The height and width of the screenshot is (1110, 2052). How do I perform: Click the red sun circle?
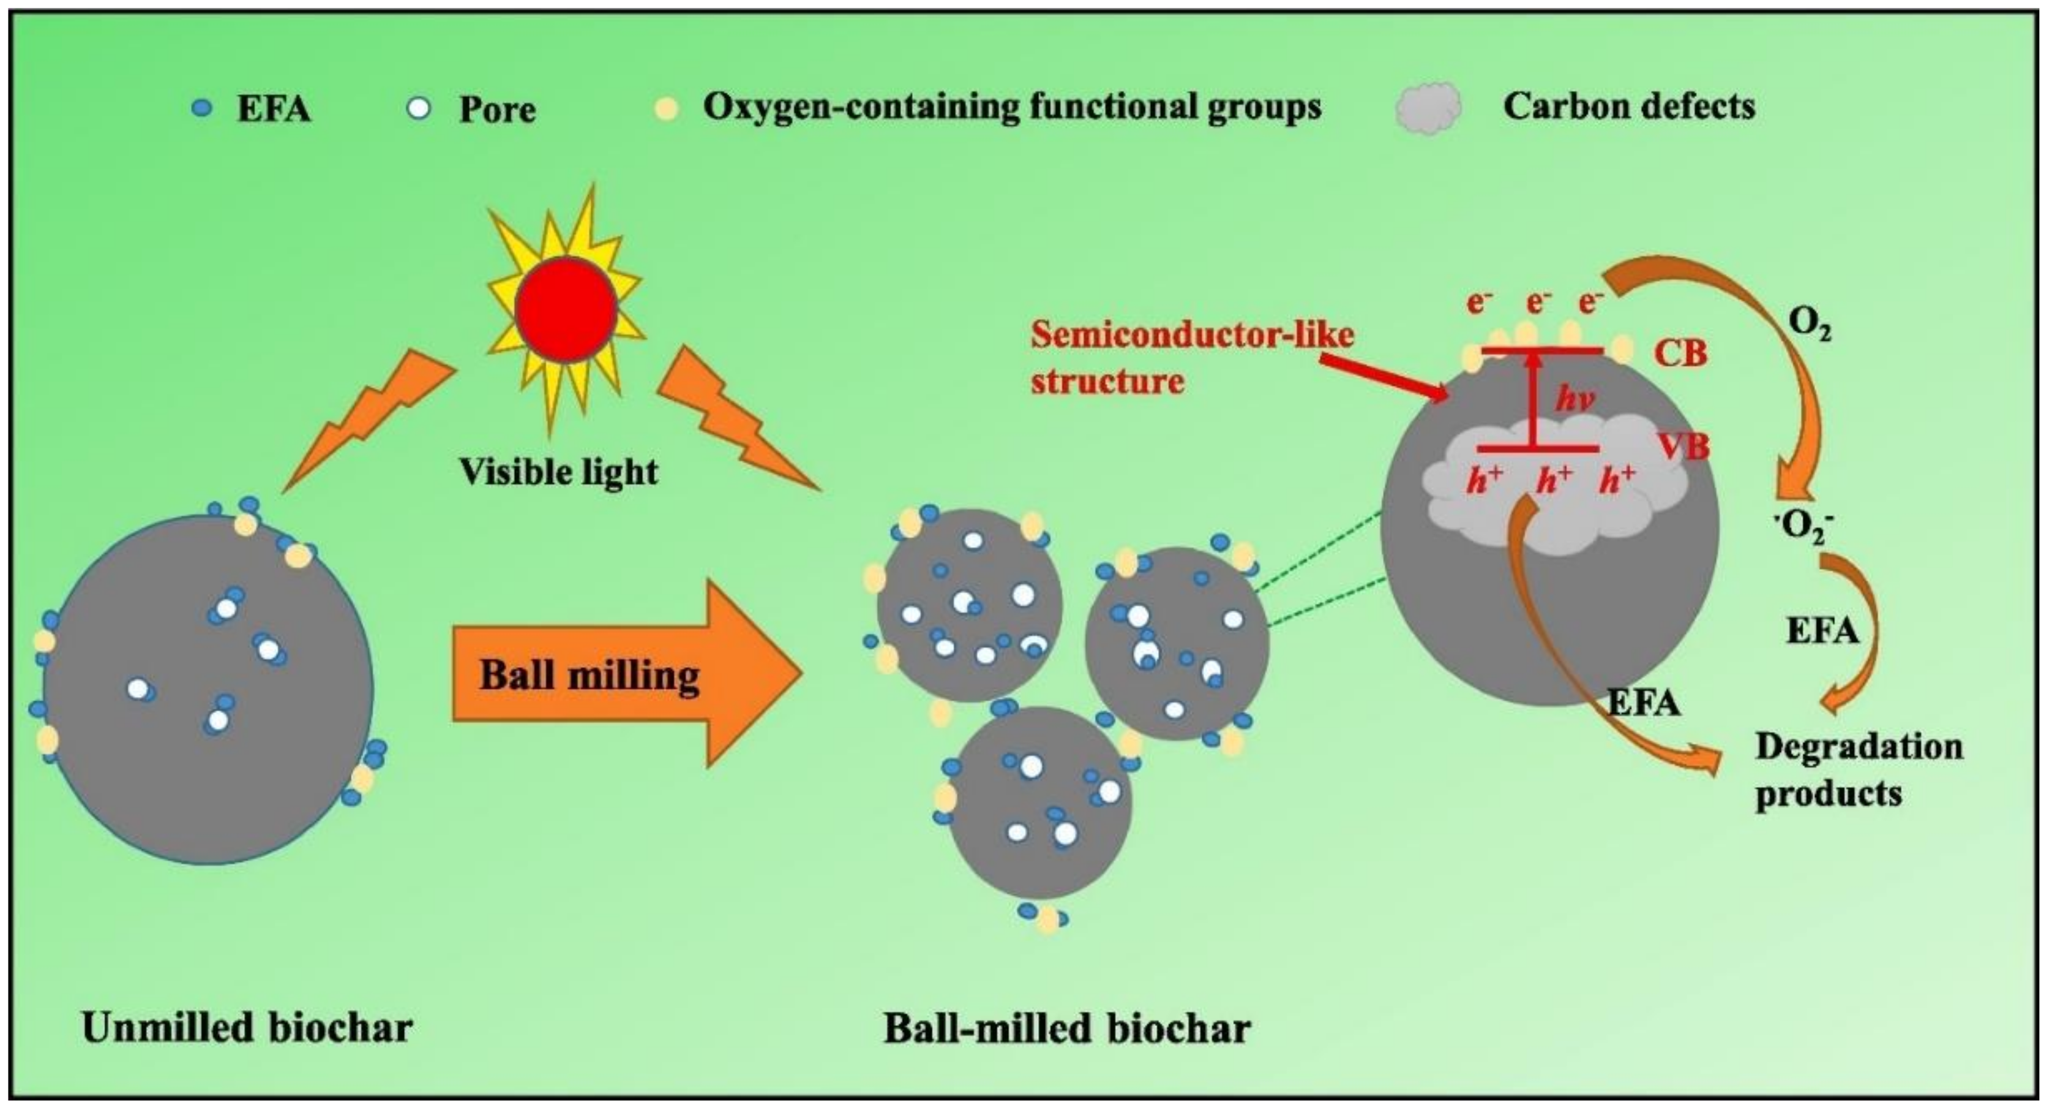pyautogui.click(x=566, y=309)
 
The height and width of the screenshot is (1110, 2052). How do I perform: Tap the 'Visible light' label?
pyautogui.click(x=558, y=472)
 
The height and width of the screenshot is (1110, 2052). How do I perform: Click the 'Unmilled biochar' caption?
pyautogui.click(x=247, y=1027)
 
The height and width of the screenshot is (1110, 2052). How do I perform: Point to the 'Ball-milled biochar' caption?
pyautogui.click(x=1068, y=1027)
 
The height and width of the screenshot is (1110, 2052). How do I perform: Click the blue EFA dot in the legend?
pyautogui.click(x=203, y=108)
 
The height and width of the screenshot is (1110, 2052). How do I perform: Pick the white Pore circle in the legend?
pyautogui.click(x=418, y=108)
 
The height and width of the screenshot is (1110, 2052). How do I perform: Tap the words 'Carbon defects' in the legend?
pyautogui.click(x=1629, y=106)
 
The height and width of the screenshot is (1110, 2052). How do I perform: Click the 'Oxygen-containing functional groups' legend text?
pyautogui.click(x=1012, y=106)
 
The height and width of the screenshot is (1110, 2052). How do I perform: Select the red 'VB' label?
pyautogui.click(x=1683, y=446)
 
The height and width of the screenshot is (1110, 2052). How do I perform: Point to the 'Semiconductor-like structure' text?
pyautogui.click(x=1191, y=358)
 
